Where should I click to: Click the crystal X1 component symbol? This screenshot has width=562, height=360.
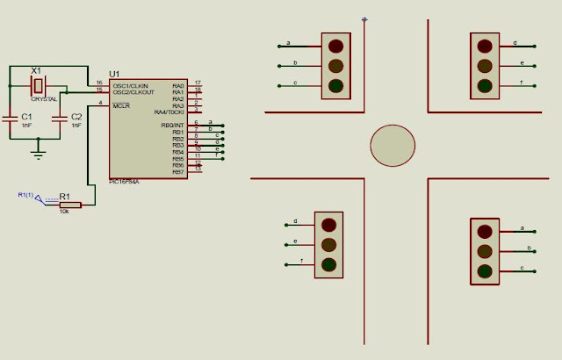[37, 85]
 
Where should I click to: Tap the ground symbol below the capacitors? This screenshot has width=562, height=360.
[37, 155]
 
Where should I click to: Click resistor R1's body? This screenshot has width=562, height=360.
[69, 205]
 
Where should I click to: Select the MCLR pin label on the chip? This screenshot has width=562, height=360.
[120, 105]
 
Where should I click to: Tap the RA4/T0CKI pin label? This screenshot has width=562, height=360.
[169, 112]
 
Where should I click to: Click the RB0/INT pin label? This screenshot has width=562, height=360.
[172, 126]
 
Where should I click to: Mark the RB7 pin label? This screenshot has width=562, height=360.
[178, 172]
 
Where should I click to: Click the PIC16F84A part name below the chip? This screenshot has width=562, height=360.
[124, 181]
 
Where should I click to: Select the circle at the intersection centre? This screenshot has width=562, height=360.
[392, 146]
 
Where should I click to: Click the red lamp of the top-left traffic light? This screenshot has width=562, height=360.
[335, 46]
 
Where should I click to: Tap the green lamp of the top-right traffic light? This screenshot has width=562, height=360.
[483, 85]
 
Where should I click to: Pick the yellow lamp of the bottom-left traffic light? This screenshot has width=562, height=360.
[328, 245]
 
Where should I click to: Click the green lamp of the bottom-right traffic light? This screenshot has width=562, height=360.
[483, 270]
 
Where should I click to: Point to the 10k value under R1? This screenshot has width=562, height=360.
[64, 212]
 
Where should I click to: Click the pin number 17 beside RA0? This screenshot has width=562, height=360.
[198, 82]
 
